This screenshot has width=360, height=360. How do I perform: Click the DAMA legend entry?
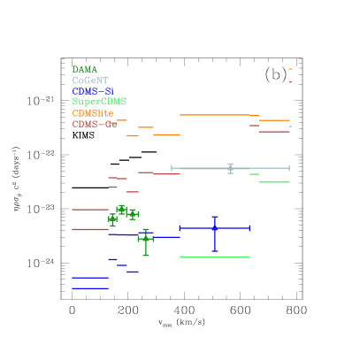click(x=85, y=69)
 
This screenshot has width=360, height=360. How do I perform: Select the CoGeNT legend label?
click(x=90, y=80)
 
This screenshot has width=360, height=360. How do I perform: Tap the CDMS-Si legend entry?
click(x=93, y=91)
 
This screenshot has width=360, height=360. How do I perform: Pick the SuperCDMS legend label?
click(x=99, y=102)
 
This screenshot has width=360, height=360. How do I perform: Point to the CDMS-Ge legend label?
click(x=95, y=125)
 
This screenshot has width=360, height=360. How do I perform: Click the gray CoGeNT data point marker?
click(x=230, y=168)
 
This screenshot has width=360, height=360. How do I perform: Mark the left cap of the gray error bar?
click(x=172, y=168)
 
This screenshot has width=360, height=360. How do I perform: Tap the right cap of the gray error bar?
click(x=289, y=168)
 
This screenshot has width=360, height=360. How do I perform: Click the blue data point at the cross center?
click(x=215, y=228)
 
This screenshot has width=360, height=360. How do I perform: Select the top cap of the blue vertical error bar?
click(x=215, y=217)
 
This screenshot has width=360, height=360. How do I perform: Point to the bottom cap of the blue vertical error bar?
click(x=215, y=252)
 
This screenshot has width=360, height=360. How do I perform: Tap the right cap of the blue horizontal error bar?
click(x=250, y=228)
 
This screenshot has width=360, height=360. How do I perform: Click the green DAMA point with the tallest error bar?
click(x=145, y=239)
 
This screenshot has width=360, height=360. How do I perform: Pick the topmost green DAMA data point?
click(x=121, y=210)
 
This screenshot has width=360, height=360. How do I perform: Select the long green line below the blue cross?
click(x=215, y=257)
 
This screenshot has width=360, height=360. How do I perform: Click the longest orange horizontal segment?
click(x=215, y=115)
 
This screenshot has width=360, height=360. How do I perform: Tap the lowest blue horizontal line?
click(x=90, y=288)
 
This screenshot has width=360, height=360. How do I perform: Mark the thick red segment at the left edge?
click(x=90, y=229)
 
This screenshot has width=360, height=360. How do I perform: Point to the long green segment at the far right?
click(x=274, y=182)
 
